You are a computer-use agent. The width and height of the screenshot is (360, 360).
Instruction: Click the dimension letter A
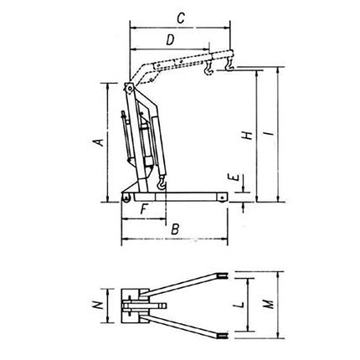click(x=99, y=143)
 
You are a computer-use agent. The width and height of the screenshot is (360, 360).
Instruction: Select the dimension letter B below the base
click(x=175, y=228)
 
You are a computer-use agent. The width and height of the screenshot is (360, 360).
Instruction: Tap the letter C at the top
click(x=180, y=16)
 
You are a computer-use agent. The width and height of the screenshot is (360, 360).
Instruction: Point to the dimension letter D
click(x=170, y=39)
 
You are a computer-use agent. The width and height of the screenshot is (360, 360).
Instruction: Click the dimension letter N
click(x=99, y=306)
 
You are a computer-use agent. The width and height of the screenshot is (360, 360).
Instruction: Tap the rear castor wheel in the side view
click(x=126, y=198)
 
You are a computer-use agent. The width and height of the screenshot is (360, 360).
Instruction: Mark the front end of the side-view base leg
click(x=224, y=197)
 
